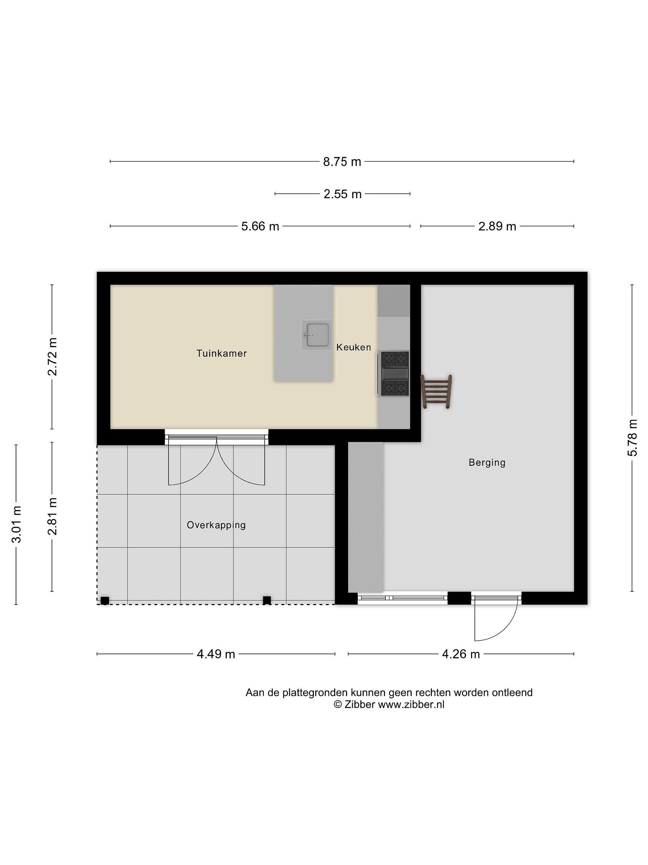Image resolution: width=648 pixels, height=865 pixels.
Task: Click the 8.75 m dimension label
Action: (342, 162)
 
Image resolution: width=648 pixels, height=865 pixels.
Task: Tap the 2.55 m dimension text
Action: (343, 194)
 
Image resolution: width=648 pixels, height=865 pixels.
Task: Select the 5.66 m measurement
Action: (260, 226)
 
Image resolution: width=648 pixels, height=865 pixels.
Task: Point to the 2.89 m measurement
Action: (497, 226)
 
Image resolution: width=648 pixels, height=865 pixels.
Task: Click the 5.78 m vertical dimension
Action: (632, 438)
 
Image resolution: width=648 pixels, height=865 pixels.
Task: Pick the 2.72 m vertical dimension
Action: (52, 357)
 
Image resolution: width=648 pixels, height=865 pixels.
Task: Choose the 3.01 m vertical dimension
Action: (16, 524)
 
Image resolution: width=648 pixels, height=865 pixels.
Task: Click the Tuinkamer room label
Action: (221, 354)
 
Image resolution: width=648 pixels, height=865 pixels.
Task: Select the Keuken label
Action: (353, 347)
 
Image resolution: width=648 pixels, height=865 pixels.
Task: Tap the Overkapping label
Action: (216, 525)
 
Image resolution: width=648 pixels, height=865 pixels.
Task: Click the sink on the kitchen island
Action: (317, 335)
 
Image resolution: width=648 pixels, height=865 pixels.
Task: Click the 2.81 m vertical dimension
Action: (52, 517)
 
